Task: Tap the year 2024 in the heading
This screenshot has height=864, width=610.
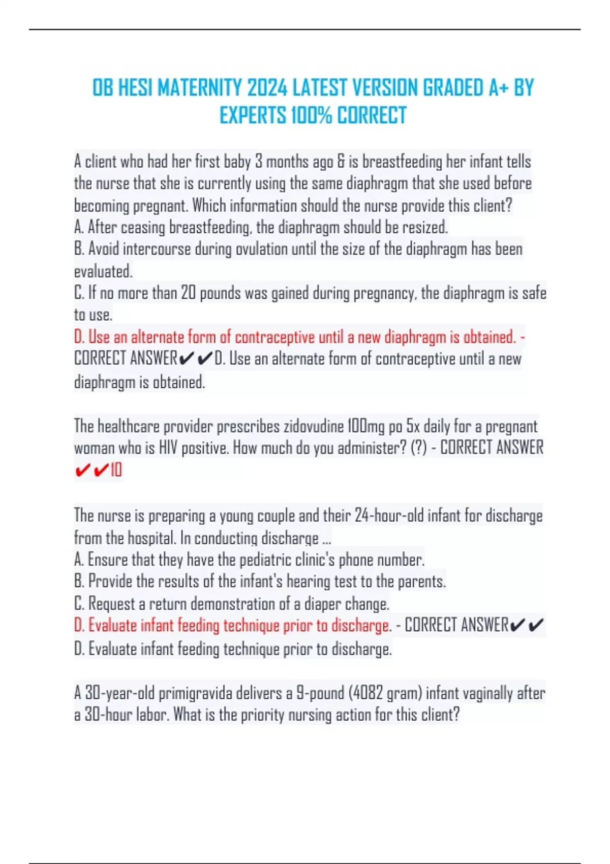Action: (x=267, y=88)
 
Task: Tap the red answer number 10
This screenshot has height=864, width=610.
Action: (x=116, y=470)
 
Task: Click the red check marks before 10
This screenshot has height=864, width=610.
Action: (x=91, y=470)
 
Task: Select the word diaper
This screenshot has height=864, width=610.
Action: (x=322, y=604)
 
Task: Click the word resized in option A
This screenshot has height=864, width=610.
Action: (x=424, y=227)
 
